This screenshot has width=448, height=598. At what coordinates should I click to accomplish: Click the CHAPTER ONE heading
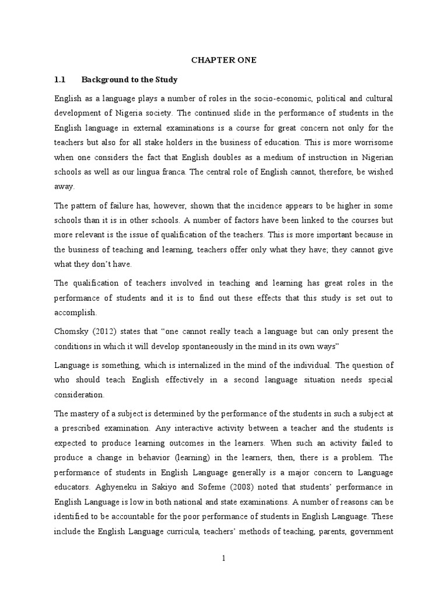224,60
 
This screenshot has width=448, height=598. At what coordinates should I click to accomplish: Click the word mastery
86,414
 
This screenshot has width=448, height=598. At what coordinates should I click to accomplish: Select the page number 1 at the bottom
223,558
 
